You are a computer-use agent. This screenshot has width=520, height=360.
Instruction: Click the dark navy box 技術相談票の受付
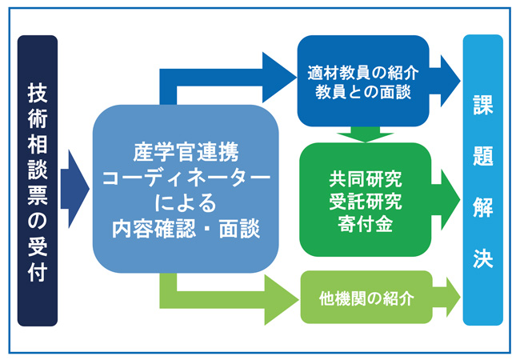(x=38, y=181)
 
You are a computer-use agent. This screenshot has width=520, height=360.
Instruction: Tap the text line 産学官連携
(x=185, y=150)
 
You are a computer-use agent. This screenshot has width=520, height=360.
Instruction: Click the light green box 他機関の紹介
(x=366, y=298)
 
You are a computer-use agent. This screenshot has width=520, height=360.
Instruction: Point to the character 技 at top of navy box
(x=38, y=91)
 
